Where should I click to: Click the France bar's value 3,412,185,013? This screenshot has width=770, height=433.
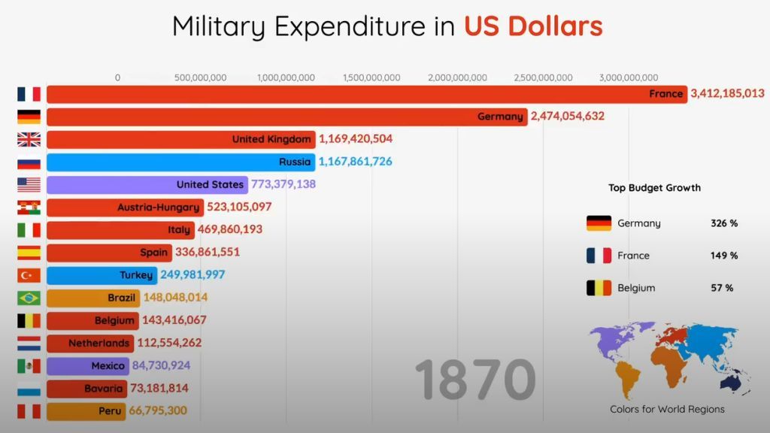[727, 94]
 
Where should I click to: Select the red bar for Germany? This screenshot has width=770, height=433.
[286, 117]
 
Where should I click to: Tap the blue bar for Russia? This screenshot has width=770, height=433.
[180, 162]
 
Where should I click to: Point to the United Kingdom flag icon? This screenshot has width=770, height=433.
[29, 139]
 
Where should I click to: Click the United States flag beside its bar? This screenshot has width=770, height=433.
[29, 184]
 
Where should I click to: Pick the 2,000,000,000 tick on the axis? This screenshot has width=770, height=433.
[457, 77]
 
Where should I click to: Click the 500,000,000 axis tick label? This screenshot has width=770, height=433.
[201, 77]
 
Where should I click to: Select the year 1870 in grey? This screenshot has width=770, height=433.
[474, 380]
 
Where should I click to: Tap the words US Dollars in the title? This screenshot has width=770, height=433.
[533, 26]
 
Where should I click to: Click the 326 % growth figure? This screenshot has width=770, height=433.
[724, 223]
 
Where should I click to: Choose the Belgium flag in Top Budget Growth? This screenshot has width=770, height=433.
[599, 288]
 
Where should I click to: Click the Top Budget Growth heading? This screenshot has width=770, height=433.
[654, 188]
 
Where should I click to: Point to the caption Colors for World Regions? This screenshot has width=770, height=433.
[667, 409]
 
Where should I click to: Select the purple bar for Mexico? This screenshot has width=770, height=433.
[86, 365]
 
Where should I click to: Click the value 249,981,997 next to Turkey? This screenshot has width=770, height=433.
[192, 275]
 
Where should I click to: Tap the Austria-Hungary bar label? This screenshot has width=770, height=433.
[159, 207]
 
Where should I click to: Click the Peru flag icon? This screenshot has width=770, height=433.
[29, 411]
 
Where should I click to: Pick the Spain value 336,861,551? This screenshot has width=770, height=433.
[208, 253]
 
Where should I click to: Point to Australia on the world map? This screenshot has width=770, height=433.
[730, 383]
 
